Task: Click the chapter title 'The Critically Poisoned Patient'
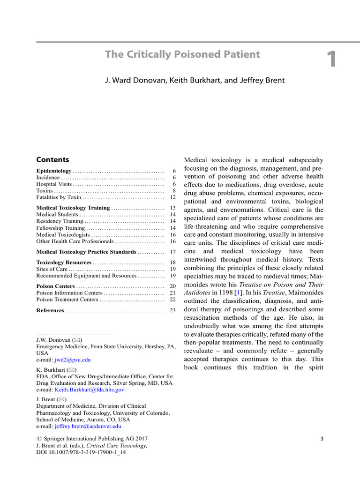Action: click(182, 54)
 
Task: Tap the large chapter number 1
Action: click(331, 60)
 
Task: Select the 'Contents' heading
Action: click(52, 159)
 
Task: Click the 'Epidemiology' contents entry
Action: click(54, 171)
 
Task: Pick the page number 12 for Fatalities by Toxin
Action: click(172, 197)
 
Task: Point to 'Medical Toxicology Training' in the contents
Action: click(73, 208)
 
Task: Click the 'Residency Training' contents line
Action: click(60, 221)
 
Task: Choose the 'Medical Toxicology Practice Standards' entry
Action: click(86, 252)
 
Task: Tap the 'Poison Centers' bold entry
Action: click(55, 286)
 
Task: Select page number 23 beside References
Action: click(172, 310)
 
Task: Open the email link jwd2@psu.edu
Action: click(73, 360)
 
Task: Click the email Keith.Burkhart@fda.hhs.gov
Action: click(90, 390)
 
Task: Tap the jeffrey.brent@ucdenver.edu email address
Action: click(88, 427)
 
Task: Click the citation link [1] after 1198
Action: click(239, 292)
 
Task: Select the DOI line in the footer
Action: click(81, 452)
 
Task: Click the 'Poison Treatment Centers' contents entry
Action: click(67, 299)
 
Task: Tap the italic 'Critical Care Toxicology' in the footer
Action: click(116, 445)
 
